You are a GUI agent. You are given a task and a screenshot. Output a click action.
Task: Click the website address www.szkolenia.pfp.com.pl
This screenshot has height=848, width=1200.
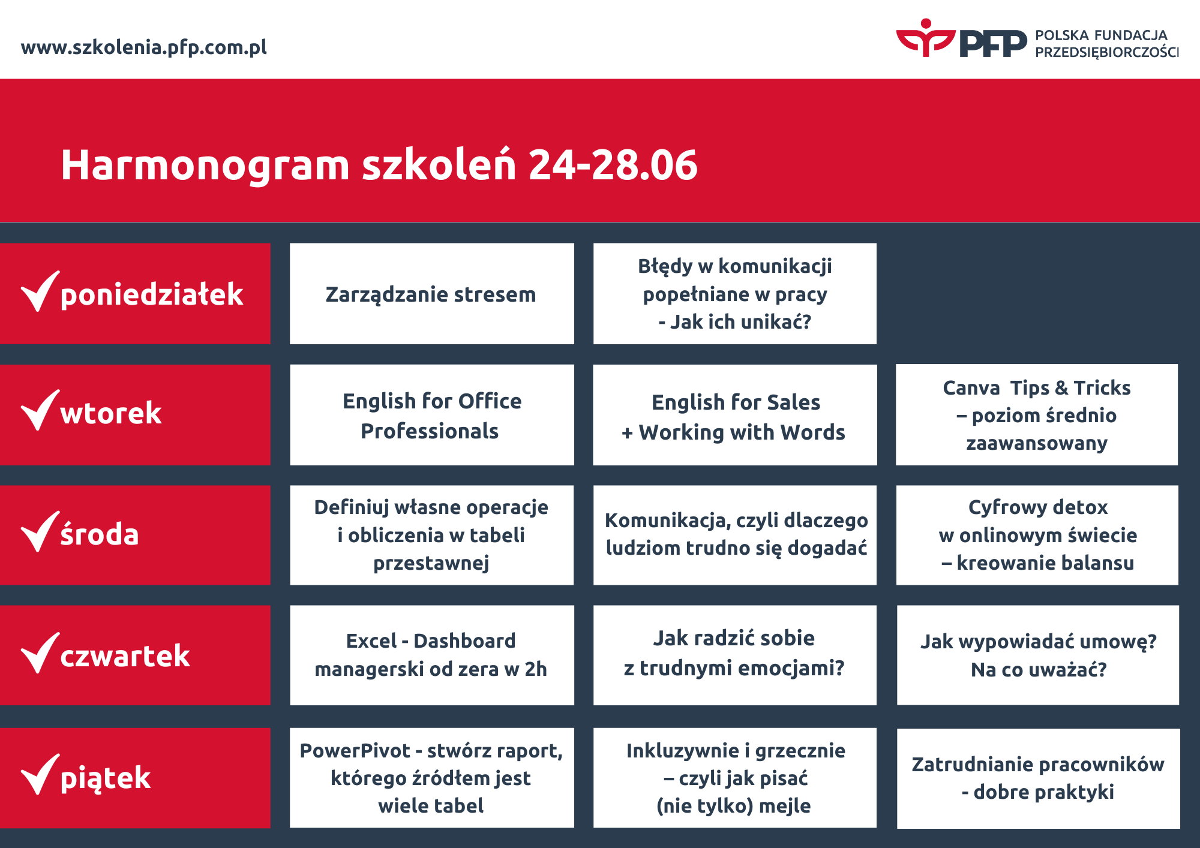pos(144,47)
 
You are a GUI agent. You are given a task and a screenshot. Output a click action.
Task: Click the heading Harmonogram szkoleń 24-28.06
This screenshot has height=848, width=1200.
pos(379,165)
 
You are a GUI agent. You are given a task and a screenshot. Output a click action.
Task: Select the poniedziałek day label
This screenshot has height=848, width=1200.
pos(152,294)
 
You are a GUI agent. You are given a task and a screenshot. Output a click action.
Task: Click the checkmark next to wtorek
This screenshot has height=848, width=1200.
pos(40,410)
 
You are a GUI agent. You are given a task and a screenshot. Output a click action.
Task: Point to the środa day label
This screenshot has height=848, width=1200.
pos(100,534)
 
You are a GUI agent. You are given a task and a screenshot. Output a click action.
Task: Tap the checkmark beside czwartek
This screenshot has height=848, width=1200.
pos(40,653)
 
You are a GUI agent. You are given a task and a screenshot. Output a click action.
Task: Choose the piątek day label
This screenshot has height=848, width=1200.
pos(106,778)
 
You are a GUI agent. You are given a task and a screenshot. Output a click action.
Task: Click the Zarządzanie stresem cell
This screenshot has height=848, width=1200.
pos(432,294)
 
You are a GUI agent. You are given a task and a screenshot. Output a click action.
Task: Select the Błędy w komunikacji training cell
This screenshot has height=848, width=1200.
pos(735,294)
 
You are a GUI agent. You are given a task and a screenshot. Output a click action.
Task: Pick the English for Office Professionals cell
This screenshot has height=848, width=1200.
pos(432,415)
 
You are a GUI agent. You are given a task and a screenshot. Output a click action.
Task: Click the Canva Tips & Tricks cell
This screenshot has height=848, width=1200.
pos(1037,415)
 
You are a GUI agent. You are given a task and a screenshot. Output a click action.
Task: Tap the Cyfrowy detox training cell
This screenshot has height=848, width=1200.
pos(1037,535)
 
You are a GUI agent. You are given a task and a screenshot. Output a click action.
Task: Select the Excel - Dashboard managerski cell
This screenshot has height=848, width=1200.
pos(432,655)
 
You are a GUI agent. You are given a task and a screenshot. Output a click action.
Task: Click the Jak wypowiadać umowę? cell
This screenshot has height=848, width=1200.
pos(1038,655)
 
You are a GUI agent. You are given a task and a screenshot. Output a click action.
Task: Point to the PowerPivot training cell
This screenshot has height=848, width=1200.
pos(432,778)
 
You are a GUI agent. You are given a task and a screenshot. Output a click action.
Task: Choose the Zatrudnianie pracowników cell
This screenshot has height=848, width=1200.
pos(1039,778)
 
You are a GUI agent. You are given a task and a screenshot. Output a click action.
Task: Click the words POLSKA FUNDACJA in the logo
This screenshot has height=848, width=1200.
pos(1102,35)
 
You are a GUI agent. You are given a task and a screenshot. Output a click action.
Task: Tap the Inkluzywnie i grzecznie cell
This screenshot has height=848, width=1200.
pos(735,778)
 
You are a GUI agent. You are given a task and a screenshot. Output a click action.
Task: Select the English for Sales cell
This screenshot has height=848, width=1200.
pos(735,415)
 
